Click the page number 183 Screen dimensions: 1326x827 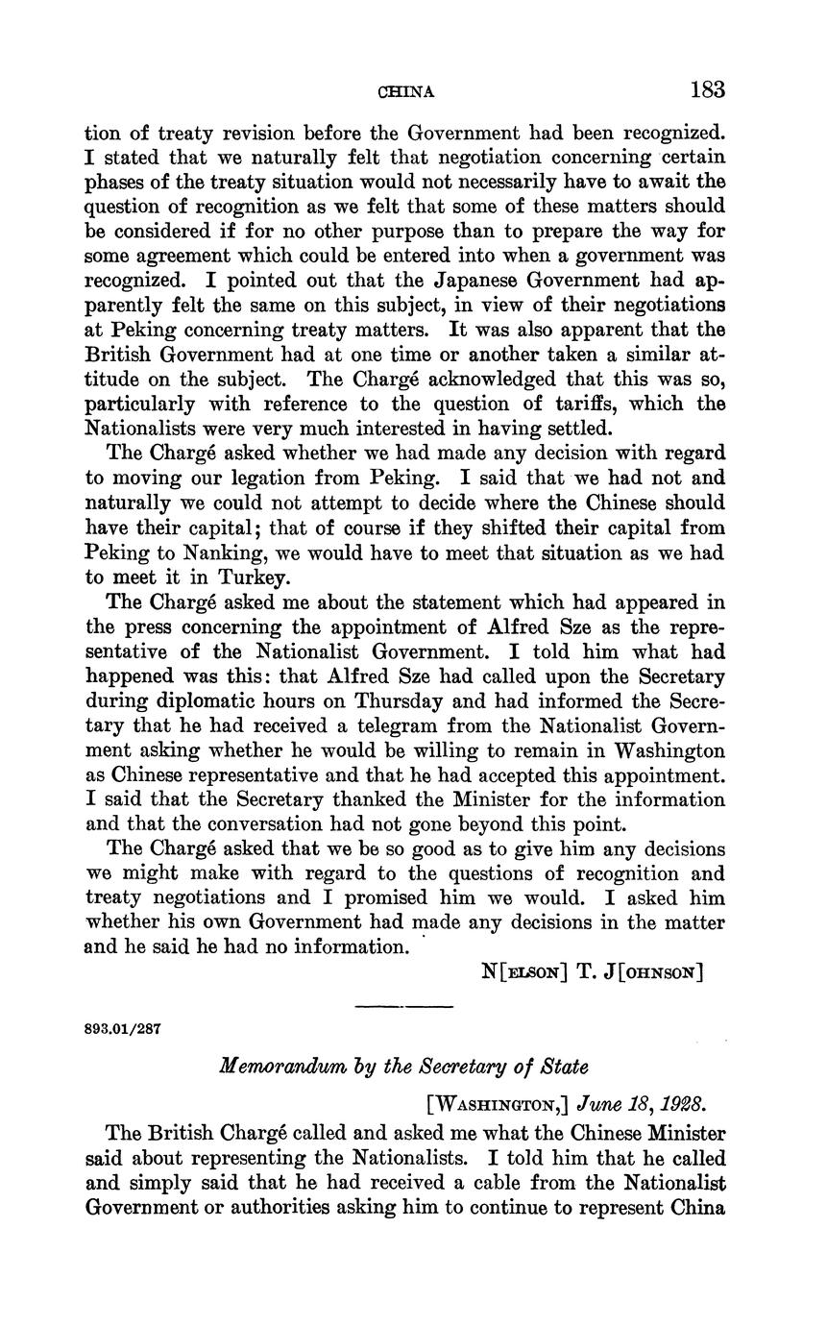point(706,90)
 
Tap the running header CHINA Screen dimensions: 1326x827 point(406,92)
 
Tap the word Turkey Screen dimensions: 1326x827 point(254,577)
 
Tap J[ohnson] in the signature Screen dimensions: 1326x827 point(660,972)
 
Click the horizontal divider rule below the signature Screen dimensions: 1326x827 point(403,1007)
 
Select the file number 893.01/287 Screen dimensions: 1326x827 point(123,1028)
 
